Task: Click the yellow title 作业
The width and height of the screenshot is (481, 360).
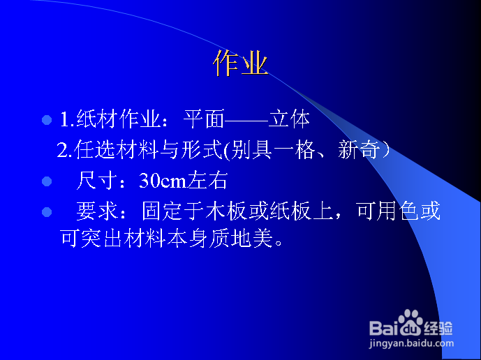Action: [x=240, y=63]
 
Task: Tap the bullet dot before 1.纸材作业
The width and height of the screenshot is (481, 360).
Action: [x=47, y=120]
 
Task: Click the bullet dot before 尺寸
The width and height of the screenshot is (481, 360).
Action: [x=47, y=181]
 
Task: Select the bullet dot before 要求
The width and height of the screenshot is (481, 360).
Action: [x=47, y=212]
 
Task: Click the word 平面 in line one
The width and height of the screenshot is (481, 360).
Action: [x=204, y=119]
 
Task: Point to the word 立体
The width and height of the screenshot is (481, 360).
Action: [x=289, y=119]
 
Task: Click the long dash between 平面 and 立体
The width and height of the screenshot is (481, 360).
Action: [x=246, y=120]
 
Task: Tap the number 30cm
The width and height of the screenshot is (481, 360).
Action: [x=163, y=180]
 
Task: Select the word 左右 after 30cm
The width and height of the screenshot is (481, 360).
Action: [x=207, y=180]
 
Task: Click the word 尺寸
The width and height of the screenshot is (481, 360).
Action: [x=97, y=180]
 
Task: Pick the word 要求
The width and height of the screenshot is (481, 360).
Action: [x=97, y=211]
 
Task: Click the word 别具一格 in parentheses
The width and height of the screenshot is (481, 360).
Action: [x=273, y=149]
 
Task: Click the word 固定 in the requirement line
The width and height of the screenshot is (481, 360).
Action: [x=162, y=211]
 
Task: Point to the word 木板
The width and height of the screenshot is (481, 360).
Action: [x=226, y=211]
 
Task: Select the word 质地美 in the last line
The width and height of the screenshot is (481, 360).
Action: [x=241, y=238]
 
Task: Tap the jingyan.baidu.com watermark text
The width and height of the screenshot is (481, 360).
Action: [x=411, y=343]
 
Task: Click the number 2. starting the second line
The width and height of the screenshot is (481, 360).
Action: [x=64, y=150]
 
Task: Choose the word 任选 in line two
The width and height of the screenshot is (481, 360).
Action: [x=94, y=149]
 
